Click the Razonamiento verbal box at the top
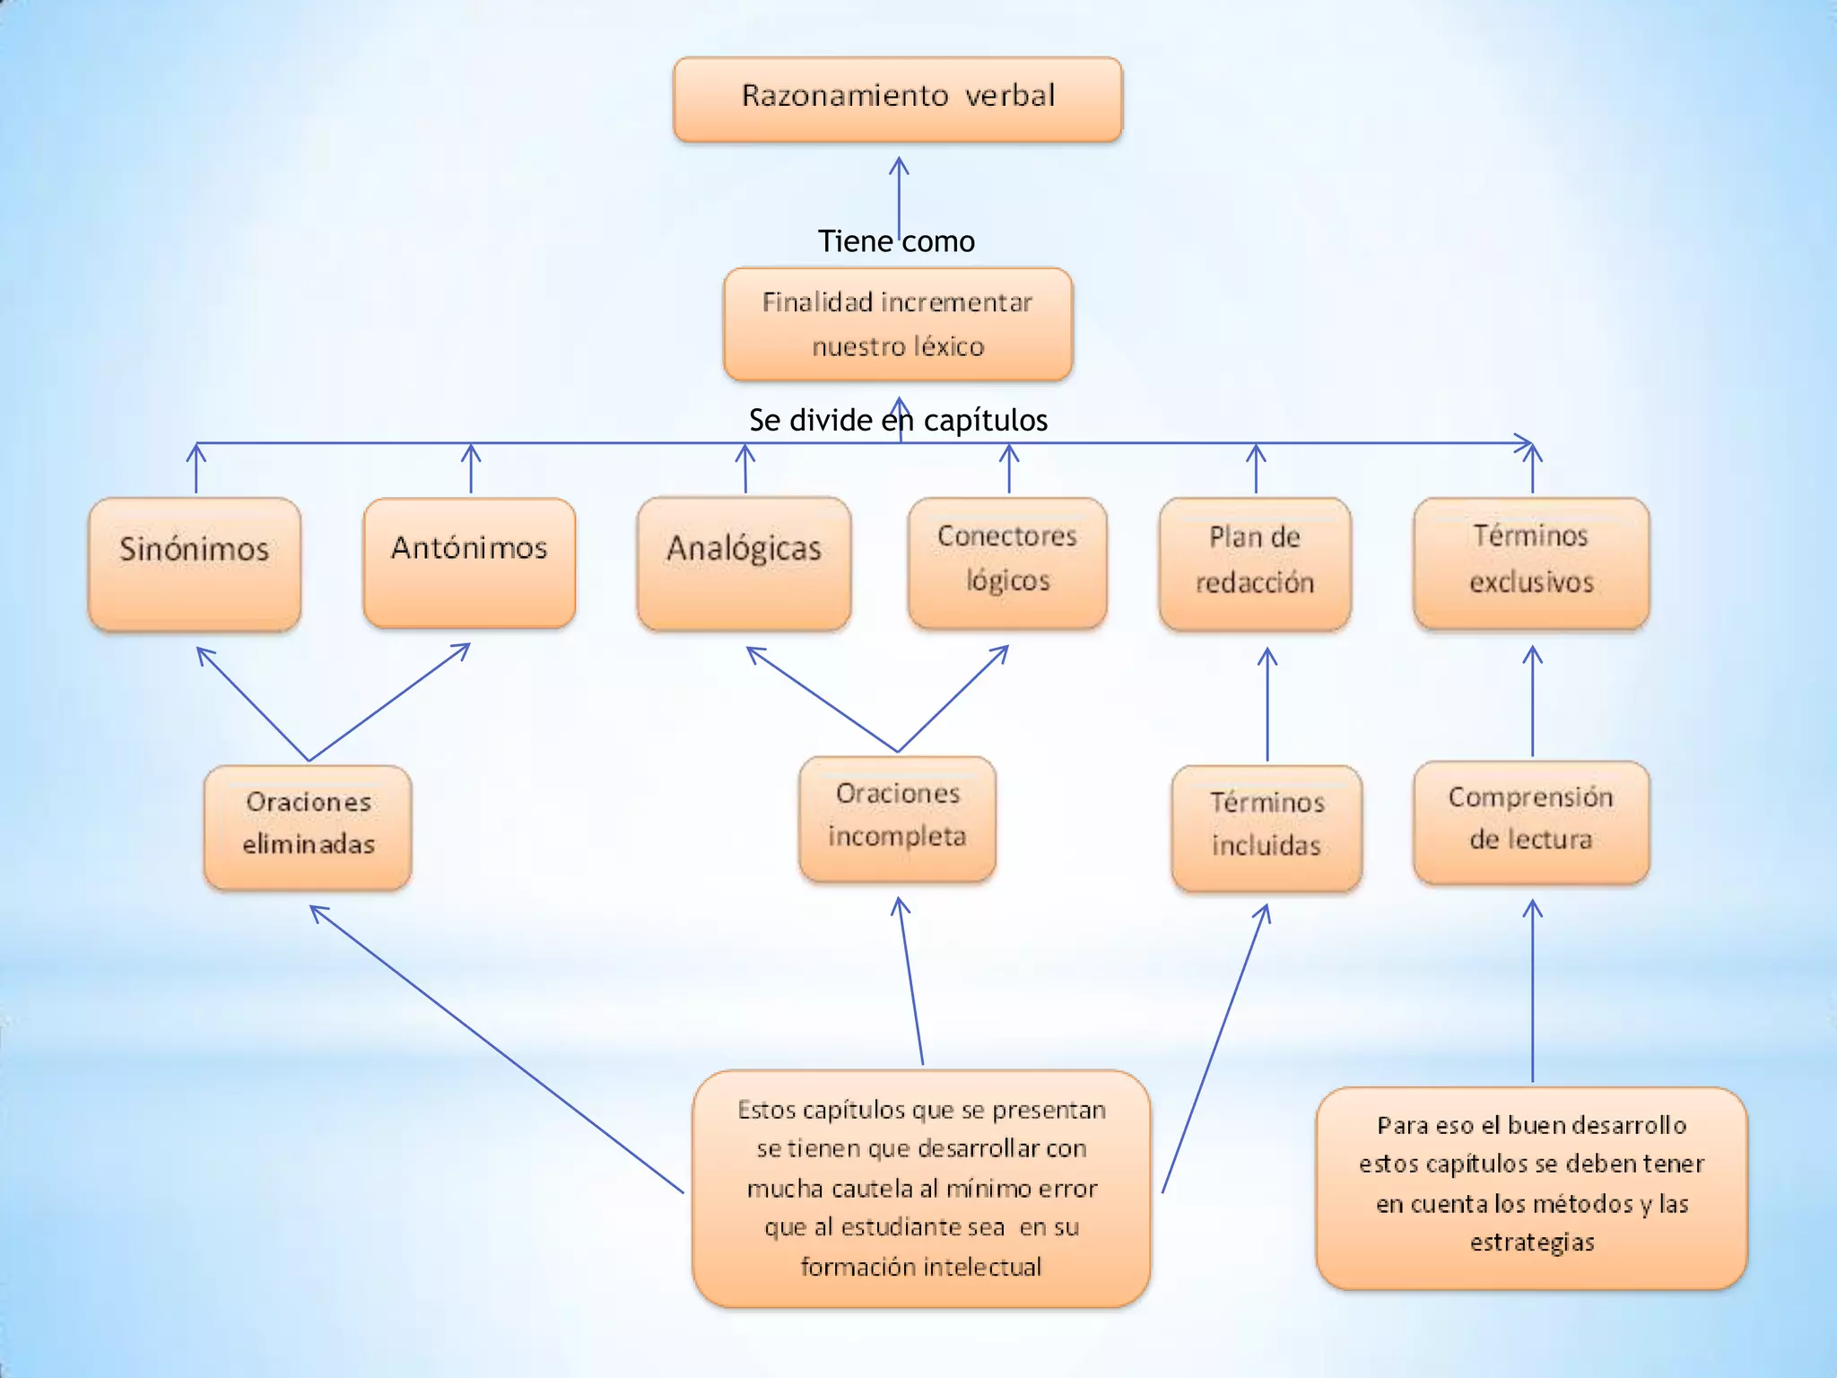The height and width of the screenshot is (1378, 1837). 898,99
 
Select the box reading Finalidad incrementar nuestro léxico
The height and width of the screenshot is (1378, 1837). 898,324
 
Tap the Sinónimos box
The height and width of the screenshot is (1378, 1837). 195,563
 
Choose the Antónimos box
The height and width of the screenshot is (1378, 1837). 469,563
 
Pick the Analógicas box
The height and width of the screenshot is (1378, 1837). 744,563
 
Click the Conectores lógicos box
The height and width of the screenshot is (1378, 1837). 1007,563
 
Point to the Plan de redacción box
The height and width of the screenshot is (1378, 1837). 1255,563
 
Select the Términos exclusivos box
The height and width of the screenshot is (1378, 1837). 1531,563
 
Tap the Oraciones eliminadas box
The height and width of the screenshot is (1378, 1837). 308,826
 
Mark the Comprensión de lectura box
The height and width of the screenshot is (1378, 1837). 1531,822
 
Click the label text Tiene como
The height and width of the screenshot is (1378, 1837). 896,241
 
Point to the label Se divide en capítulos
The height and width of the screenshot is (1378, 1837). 898,420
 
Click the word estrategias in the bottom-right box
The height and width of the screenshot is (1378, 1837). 1532,1243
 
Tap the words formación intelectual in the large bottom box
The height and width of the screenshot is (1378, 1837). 921,1267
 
